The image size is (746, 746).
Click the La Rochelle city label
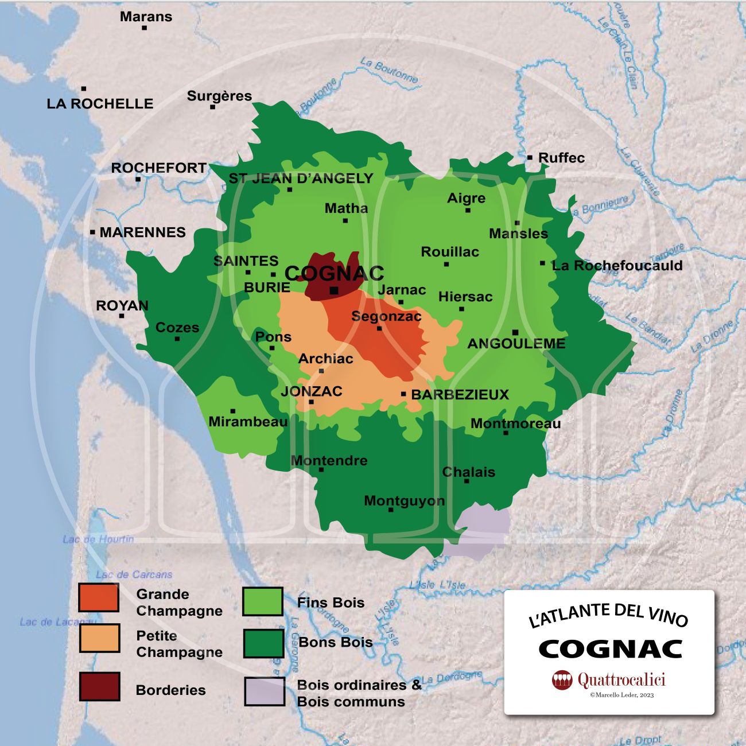[100, 104]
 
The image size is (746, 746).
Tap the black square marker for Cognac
[334, 291]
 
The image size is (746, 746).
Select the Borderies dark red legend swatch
[99, 687]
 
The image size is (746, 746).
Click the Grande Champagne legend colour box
[99, 598]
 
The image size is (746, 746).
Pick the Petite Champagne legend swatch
[99, 639]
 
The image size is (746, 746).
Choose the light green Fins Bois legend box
[262, 601]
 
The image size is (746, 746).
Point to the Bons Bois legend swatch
[263, 643]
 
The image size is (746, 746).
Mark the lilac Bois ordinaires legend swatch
[264, 691]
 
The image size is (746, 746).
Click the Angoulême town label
[516, 344]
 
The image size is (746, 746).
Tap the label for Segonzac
[386, 316]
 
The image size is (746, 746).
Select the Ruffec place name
[561, 158]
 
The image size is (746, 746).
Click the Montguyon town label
[404, 500]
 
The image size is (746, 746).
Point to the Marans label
[146, 17]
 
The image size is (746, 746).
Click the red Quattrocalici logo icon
[562, 680]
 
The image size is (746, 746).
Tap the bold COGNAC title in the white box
[610, 649]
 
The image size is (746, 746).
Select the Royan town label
[122, 305]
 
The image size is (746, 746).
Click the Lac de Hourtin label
[98, 539]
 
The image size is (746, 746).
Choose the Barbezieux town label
[460, 394]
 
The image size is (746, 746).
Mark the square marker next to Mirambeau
[232, 411]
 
